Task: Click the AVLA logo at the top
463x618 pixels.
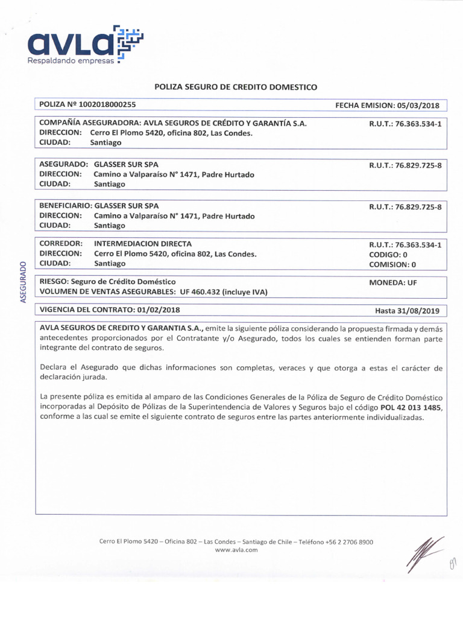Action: tap(84, 42)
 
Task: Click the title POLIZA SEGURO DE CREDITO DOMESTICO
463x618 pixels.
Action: tap(236, 87)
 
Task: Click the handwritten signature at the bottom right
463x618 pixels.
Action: tap(425, 553)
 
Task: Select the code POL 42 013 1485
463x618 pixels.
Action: tap(411, 407)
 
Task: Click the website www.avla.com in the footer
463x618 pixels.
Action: tap(236, 550)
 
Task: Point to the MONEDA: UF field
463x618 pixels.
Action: tap(392, 282)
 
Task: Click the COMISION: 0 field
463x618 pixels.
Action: tap(392, 264)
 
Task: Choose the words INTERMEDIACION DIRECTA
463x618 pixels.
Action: tap(143, 244)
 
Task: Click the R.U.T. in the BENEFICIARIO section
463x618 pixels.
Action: tap(406, 207)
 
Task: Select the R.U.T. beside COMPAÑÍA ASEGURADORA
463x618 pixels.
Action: tap(406, 124)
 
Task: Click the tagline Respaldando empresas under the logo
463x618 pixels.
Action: tap(71, 61)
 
